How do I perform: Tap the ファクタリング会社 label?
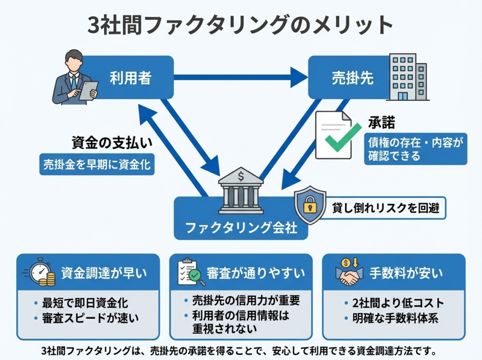tap(241, 228)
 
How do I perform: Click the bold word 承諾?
tap(382, 123)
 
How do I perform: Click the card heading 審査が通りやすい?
tap(256, 273)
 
